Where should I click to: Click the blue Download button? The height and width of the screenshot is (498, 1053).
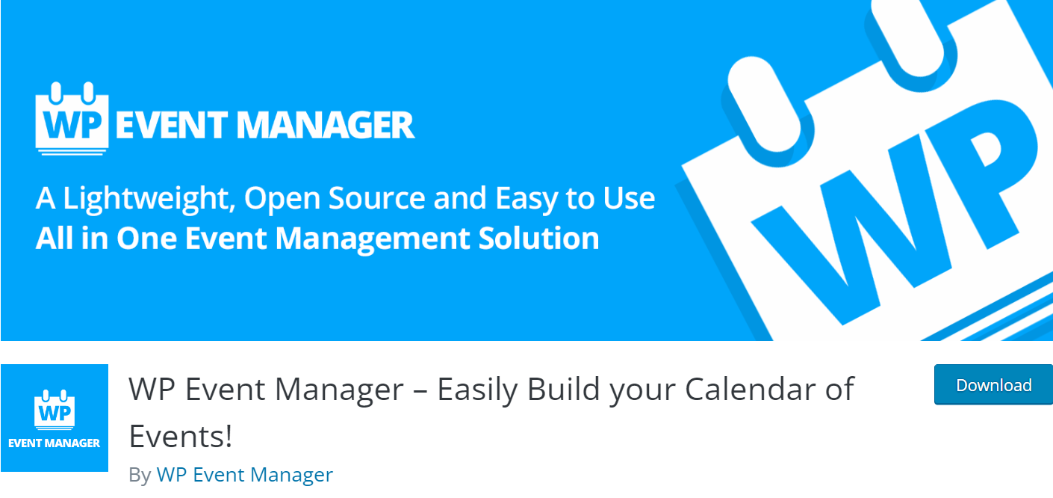pos(993,384)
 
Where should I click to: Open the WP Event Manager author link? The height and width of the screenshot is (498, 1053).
pos(244,475)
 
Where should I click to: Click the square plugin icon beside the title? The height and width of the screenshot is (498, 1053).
pos(55,418)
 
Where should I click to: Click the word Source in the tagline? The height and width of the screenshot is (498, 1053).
pos(377,197)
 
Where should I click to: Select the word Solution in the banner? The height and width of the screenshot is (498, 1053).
pos(538,238)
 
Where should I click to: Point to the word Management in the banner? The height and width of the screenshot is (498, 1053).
pos(372,239)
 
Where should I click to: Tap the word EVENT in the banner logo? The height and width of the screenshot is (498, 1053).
pos(172,125)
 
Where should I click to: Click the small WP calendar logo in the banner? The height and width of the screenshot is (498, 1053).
pos(72,119)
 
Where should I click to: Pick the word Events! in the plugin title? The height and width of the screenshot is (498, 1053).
pos(181,437)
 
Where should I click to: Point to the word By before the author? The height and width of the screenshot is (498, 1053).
pos(140,476)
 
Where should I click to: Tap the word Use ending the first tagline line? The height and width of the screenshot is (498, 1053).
pos(629,197)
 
